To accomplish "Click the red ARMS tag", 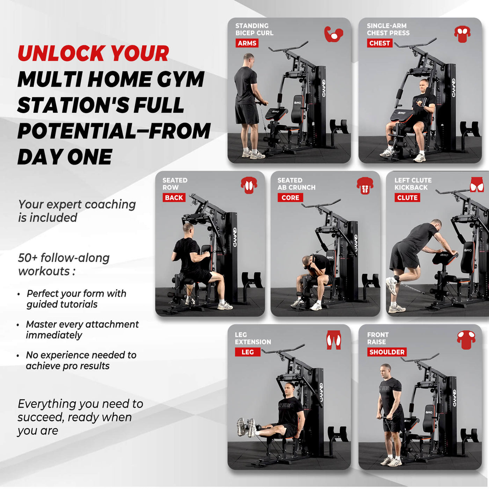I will tap(247, 43).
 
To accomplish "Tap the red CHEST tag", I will tap(379, 43).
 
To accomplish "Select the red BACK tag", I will tap(174, 198).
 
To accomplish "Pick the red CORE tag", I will tap(290, 198).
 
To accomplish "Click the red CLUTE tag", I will tap(407, 198).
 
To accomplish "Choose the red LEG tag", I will tap(248, 352).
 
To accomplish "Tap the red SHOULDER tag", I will tap(387, 352).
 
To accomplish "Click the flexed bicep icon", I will tap(333, 34).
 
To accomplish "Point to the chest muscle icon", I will tap(462, 34).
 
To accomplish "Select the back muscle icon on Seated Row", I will tap(249, 185).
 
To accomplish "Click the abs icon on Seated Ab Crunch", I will tap(365, 185).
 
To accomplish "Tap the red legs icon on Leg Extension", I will tap(334, 340).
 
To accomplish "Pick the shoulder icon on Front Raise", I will tap(466, 340).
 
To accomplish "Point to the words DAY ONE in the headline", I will tap(65, 157).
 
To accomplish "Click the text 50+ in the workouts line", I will tap(28, 258).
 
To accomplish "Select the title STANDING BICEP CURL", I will tap(254, 29).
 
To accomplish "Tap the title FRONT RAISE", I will tap(378, 338).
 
